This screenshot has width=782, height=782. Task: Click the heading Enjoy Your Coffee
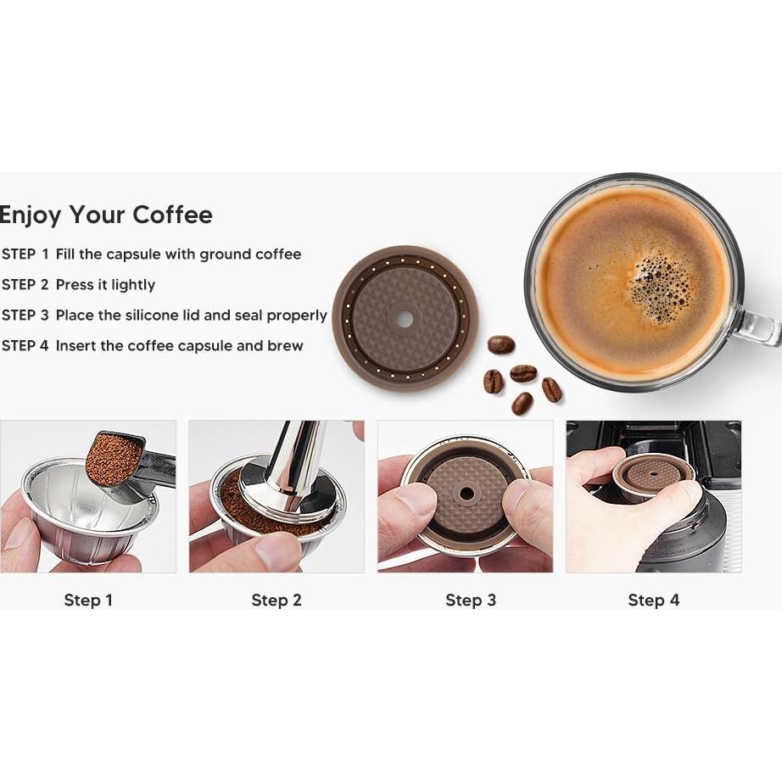point(106,215)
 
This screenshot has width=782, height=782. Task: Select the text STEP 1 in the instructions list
point(25,254)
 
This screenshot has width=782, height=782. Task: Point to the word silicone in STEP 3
point(163,315)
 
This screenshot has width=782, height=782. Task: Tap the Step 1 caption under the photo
point(88,600)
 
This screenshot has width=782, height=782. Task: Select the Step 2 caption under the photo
point(276,600)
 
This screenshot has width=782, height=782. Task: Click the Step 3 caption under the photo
point(471,600)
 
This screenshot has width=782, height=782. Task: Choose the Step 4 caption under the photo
point(653,600)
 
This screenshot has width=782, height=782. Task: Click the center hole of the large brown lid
point(405,319)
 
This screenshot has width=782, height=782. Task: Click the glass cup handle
point(757,327)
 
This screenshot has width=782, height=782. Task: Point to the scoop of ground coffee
point(113,459)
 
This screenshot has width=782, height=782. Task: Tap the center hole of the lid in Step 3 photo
point(466,492)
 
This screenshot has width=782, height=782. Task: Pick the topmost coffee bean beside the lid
point(501,344)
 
